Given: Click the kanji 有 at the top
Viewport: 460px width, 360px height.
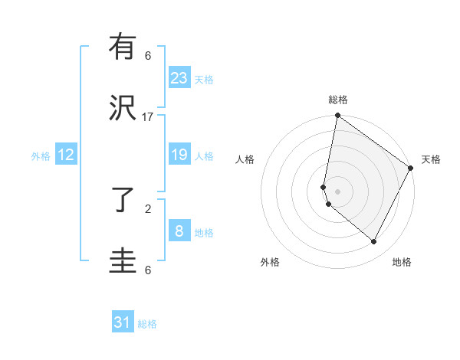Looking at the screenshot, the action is [122, 47].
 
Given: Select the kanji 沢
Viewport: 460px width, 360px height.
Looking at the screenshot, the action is [122, 109].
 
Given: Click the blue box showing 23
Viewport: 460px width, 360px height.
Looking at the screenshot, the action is [179, 78].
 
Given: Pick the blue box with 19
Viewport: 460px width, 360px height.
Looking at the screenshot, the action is [179, 155].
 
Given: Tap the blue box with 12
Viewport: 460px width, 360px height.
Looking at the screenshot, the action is [66, 155].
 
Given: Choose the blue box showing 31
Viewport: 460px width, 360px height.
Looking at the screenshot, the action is [123, 322].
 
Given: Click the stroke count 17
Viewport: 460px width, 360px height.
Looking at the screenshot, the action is [148, 116].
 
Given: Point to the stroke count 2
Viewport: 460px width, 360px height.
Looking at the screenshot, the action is [148, 208].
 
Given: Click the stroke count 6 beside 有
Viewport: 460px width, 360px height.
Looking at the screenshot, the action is [148, 55].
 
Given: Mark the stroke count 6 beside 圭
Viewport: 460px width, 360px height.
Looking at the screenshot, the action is [148, 270].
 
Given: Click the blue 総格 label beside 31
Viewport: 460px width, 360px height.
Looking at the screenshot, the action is [147, 324].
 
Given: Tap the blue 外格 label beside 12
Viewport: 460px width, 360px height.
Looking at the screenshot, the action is [41, 156].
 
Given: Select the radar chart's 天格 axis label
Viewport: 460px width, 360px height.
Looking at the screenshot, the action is [431, 159].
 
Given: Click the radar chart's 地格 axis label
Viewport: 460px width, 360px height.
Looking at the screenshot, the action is [402, 262].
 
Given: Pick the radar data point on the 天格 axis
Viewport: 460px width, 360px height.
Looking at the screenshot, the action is [411, 169].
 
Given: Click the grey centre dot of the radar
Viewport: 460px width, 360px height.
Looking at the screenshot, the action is [338, 191].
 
